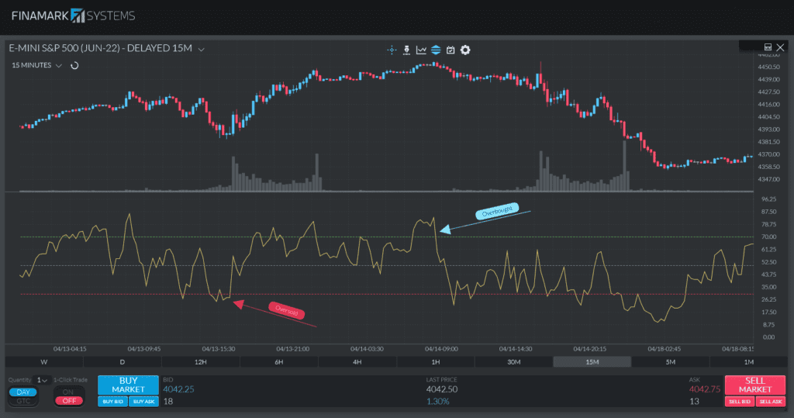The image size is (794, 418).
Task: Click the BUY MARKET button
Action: (x=128, y=385)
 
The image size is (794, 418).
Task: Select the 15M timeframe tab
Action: (x=592, y=361)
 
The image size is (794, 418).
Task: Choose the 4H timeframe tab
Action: (x=357, y=361)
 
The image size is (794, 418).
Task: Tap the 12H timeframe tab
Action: (x=200, y=361)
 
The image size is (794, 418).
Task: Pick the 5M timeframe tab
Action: (x=670, y=361)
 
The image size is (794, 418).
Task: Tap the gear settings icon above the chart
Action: (x=465, y=50)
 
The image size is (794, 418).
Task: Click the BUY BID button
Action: (x=112, y=401)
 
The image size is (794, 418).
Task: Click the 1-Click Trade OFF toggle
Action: (x=69, y=400)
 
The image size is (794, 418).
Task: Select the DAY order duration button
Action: (x=22, y=392)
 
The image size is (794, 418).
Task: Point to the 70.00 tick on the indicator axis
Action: (x=768, y=237)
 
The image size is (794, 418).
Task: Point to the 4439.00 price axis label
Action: (x=768, y=79)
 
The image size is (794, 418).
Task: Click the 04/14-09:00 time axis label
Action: (x=442, y=349)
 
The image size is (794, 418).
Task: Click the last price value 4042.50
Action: (x=441, y=389)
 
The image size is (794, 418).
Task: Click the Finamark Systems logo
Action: (x=73, y=16)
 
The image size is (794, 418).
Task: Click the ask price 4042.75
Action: (x=704, y=389)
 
